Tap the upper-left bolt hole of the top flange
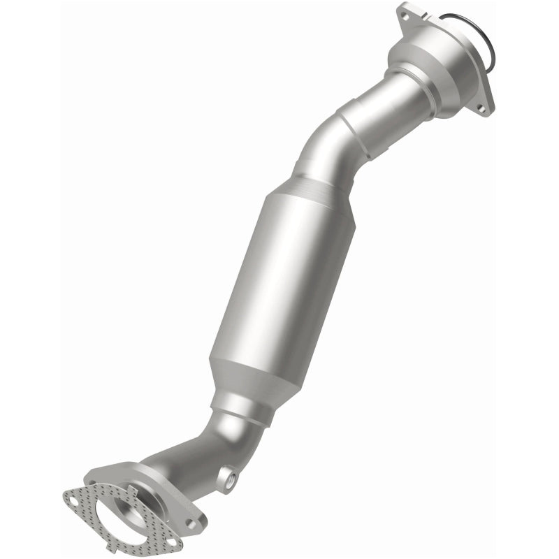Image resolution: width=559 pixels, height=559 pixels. click(404, 12)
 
